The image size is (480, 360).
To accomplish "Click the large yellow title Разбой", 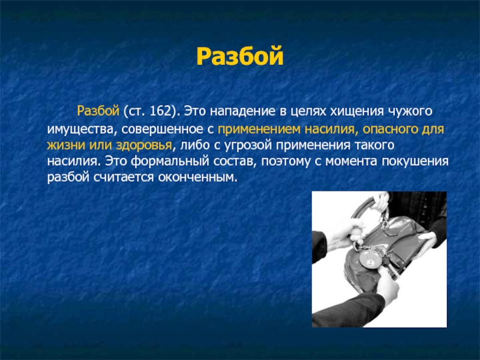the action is tap(239, 56).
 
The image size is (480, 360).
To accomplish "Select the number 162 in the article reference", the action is tap(160, 111).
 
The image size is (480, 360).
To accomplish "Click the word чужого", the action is tap(410, 112).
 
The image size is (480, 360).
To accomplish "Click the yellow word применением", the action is tap(259, 129).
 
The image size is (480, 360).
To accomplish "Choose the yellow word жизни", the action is tap(66, 145).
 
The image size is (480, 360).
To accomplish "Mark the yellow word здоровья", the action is tap(143, 145).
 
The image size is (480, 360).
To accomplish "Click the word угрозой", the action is tap(248, 145).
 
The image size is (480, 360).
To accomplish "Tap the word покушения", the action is tap(415, 161).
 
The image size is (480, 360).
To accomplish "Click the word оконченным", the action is tap(198, 177).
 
